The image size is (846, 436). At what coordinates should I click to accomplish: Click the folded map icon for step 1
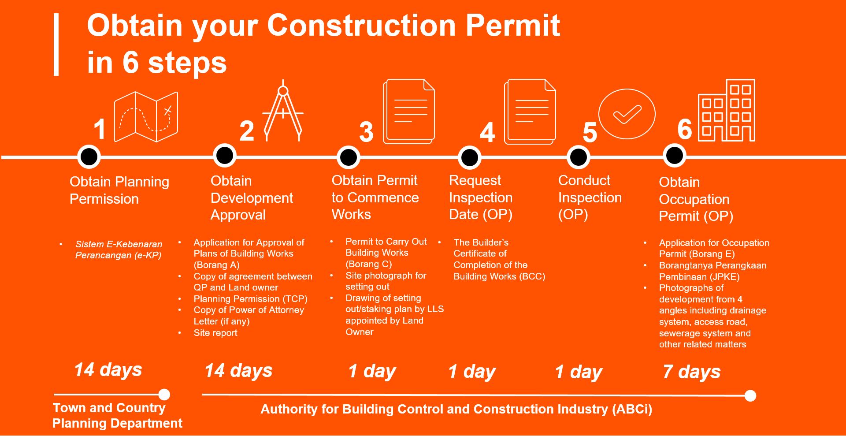click(146, 117)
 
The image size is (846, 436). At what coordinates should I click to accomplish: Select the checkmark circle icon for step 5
click(627, 114)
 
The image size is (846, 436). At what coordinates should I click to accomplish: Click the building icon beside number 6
click(727, 110)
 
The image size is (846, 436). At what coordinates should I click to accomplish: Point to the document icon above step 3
click(409, 112)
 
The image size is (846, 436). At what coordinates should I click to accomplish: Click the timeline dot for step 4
click(469, 157)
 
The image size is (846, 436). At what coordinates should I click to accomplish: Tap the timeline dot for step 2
click(225, 156)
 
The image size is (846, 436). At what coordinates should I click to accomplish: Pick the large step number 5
click(590, 132)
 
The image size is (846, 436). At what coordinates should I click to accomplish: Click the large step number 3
click(366, 132)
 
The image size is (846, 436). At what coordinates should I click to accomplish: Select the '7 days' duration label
click(691, 372)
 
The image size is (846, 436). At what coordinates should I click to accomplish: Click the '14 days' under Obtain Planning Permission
click(108, 370)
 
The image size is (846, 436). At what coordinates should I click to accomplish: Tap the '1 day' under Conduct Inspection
click(579, 372)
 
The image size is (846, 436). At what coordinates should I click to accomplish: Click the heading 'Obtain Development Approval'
click(252, 198)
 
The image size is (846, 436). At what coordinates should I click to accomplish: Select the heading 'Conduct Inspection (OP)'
click(590, 198)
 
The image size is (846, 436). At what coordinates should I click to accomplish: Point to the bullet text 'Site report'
click(215, 333)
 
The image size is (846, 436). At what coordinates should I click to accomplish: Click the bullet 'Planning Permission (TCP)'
click(250, 299)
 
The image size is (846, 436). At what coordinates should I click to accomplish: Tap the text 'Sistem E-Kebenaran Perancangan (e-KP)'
click(119, 250)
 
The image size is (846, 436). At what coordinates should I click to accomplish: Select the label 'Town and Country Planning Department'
click(117, 415)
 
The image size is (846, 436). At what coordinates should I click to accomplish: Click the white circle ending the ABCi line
click(750, 395)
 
